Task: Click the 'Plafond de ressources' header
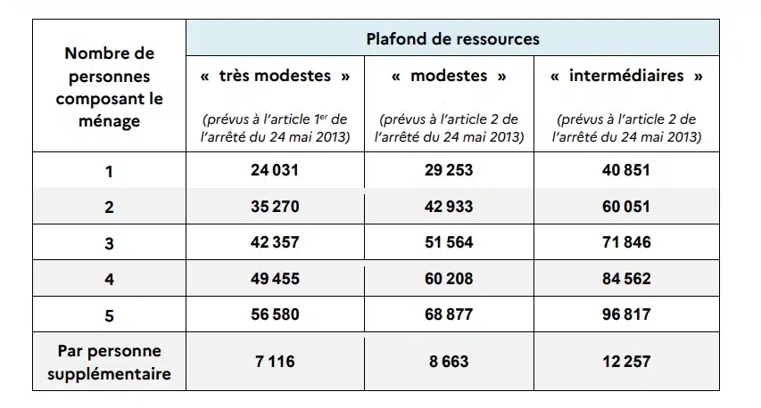pyautogui.click(x=452, y=39)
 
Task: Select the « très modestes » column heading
pyautogui.click(x=274, y=76)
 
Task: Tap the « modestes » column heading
pyautogui.click(x=449, y=76)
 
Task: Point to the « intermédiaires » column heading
pyautogui.click(x=626, y=76)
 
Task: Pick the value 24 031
pyautogui.click(x=274, y=170)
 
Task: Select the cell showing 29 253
pyautogui.click(x=449, y=170)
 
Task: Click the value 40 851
pyautogui.click(x=626, y=170)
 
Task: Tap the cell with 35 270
pyautogui.click(x=274, y=207)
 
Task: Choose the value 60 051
pyautogui.click(x=626, y=207)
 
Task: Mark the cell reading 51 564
pyautogui.click(x=449, y=242)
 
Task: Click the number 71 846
pyautogui.click(x=626, y=242)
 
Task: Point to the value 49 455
pyautogui.click(x=274, y=278)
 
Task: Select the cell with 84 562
pyautogui.click(x=626, y=278)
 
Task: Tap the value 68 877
pyautogui.click(x=449, y=314)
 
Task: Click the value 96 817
pyautogui.click(x=626, y=314)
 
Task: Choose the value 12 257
pyautogui.click(x=626, y=361)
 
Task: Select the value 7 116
pyautogui.click(x=274, y=361)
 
